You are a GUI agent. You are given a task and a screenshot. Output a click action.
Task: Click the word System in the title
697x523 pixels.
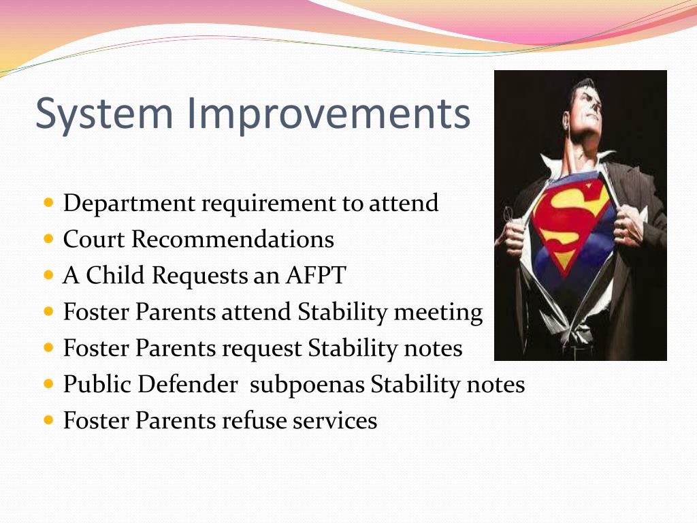pyautogui.click(x=104, y=114)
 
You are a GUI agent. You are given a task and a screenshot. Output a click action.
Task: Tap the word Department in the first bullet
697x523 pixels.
pyautogui.click(x=129, y=204)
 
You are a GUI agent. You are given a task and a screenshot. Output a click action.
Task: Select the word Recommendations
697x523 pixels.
pyautogui.click(x=233, y=239)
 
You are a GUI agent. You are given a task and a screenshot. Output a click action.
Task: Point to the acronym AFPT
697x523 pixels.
pyautogui.click(x=316, y=275)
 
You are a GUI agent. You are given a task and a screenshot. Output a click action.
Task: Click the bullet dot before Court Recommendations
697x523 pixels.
pyautogui.click(x=49, y=240)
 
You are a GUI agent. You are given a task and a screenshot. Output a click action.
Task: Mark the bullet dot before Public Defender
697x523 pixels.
pyautogui.click(x=49, y=384)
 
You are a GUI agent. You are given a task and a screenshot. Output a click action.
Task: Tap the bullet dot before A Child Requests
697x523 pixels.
pyautogui.click(x=49, y=276)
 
